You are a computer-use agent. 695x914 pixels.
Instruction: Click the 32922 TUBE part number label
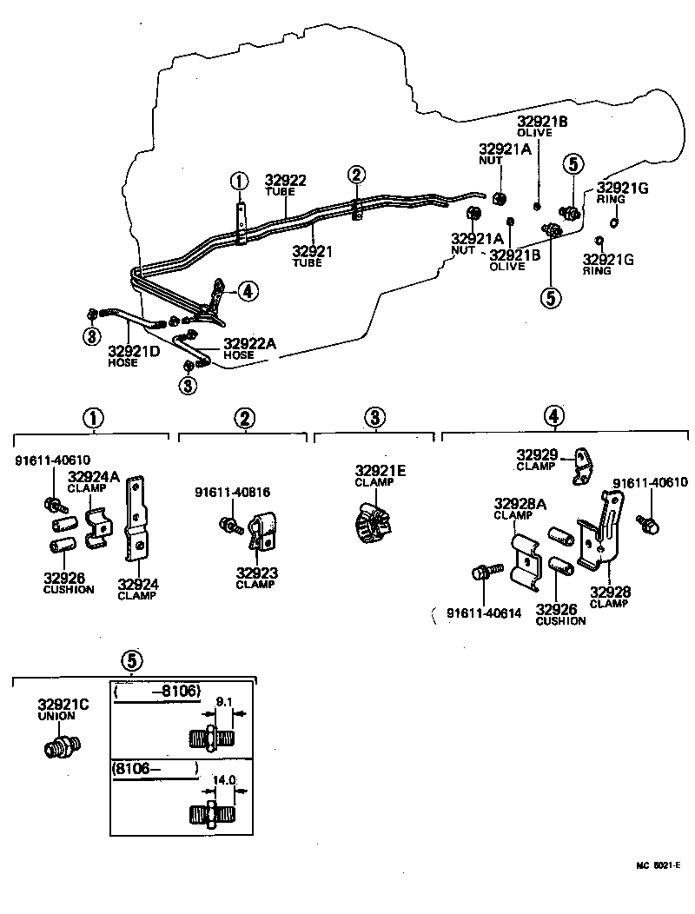pos(286,186)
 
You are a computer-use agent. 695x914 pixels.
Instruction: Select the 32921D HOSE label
pos(134,356)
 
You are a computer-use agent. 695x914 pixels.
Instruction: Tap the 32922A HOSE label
pos(250,348)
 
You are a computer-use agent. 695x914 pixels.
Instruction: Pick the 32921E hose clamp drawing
pos(372,520)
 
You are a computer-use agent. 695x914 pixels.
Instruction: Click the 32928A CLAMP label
pos(520,508)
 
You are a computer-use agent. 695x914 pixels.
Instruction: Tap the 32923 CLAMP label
pos(255,578)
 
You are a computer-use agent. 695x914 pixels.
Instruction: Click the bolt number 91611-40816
pos(232,492)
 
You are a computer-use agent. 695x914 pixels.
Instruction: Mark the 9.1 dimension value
pos(224,701)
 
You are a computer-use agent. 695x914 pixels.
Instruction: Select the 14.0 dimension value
pos(225,780)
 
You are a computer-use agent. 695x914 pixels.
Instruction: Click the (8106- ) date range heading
pos(156,768)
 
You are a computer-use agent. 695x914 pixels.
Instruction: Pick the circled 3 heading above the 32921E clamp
pos(374,419)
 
